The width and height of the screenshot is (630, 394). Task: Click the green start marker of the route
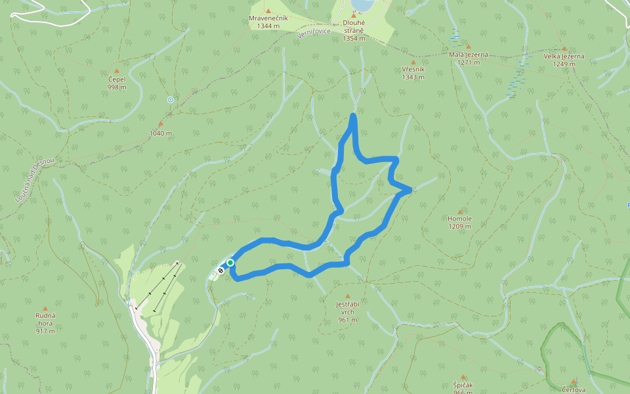[x=230, y=263]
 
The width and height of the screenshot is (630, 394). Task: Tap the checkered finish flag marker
[x=221, y=269]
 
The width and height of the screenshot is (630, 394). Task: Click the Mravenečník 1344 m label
[x=268, y=22]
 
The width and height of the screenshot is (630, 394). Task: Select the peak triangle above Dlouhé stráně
[x=353, y=15]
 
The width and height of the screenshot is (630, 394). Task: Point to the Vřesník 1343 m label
[x=413, y=73]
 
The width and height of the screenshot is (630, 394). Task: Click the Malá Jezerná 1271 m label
[x=469, y=58]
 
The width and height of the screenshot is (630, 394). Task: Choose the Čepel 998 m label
[x=117, y=83]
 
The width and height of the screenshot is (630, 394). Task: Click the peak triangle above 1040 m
[x=160, y=123]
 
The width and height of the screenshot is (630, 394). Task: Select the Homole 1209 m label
[x=459, y=223]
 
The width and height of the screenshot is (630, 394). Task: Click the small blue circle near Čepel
[x=171, y=100]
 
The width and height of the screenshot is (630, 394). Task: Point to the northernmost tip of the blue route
[x=354, y=116]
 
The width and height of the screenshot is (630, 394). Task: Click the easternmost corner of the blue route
[x=410, y=190]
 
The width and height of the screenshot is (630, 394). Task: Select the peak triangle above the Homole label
[x=460, y=212]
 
